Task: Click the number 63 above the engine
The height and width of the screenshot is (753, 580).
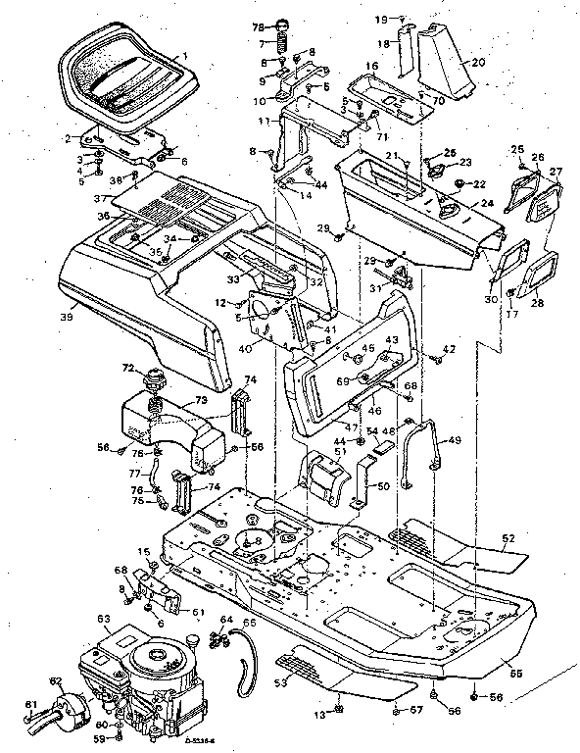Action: (103, 619)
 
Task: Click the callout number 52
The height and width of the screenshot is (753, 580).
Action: (507, 538)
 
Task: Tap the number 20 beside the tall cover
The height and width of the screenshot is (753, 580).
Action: (478, 61)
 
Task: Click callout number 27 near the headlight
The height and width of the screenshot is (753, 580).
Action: (556, 172)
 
